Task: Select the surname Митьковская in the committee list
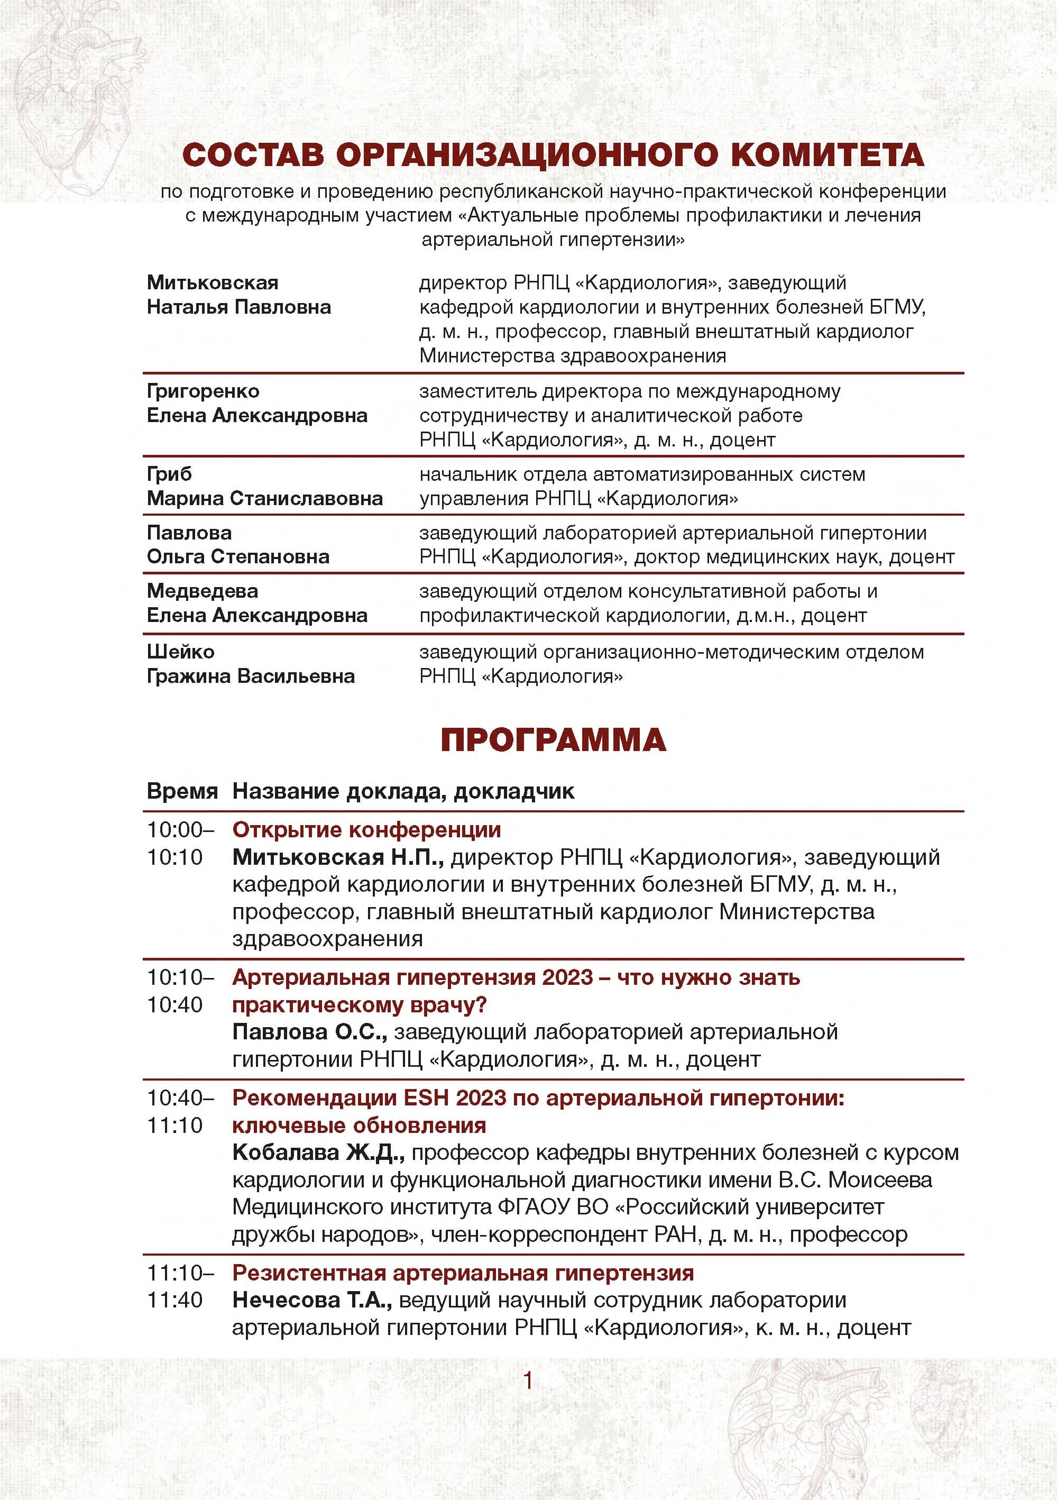213,282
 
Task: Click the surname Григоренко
203,391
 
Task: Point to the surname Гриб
169,474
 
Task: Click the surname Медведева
203,591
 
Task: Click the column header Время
181,791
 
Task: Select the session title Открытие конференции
366,830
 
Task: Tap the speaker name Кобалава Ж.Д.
318,1153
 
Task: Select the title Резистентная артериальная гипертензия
463,1273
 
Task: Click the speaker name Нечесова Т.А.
311,1300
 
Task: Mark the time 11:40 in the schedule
175,1300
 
